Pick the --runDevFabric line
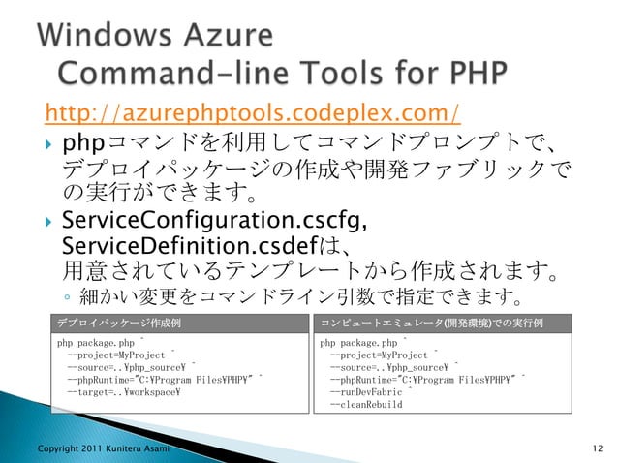(369, 393)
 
